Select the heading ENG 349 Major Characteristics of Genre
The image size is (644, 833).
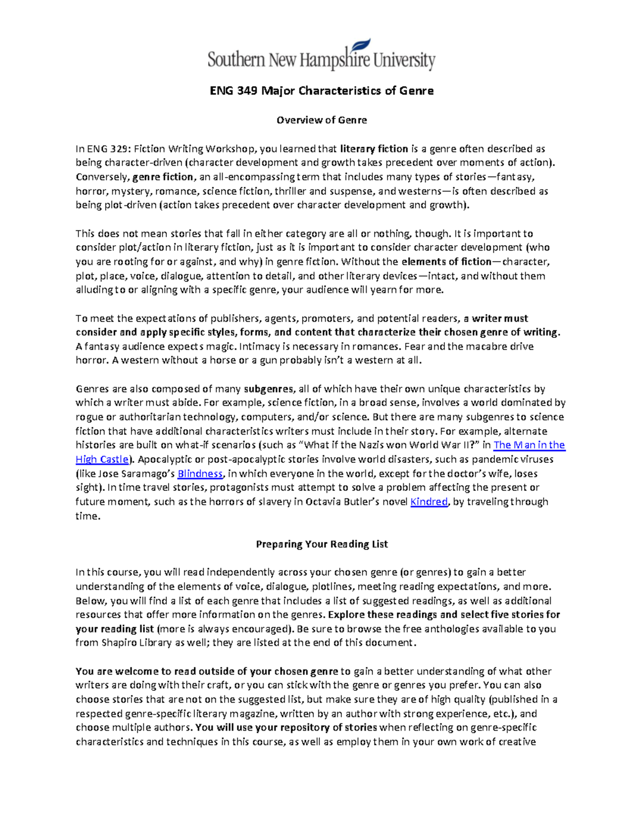click(321, 91)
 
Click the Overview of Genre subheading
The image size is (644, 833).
click(321, 120)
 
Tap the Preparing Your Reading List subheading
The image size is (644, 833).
click(321, 544)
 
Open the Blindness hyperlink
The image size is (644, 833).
click(200, 474)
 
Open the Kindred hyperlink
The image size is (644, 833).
click(428, 502)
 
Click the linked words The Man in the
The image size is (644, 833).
click(529, 445)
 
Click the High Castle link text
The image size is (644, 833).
click(102, 459)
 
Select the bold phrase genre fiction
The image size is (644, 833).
click(163, 176)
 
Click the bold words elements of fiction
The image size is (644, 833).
click(446, 262)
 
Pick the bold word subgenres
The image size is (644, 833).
click(268, 389)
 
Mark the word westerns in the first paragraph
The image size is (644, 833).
click(412, 191)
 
